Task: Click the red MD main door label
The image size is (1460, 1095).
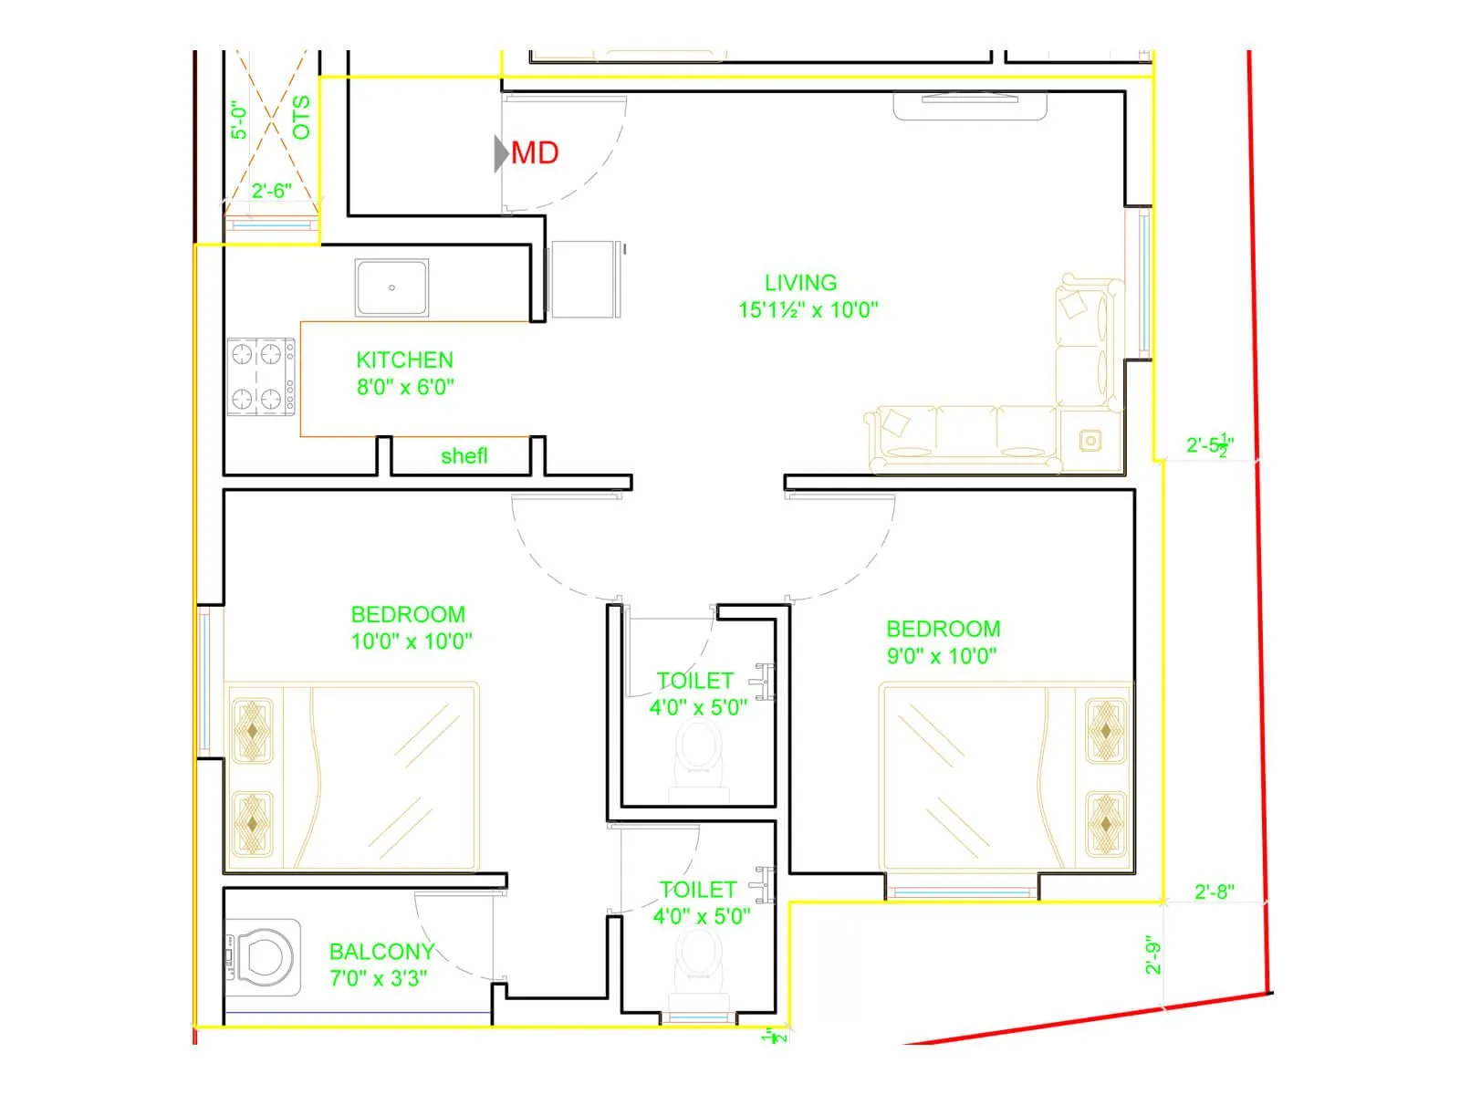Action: pyautogui.click(x=534, y=153)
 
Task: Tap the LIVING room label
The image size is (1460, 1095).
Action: pyautogui.click(x=800, y=283)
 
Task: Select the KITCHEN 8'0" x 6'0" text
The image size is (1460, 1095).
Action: pyautogui.click(x=404, y=373)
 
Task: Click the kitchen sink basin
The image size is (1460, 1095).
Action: pyautogui.click(x=391, y=287)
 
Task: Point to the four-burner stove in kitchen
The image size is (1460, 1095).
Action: pyautogui.click(x=260, y=376)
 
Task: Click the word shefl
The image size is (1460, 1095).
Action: pyautogui.click(x=464, y=455)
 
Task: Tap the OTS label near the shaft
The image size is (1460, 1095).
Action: pyautogui.click(x=301, y=117)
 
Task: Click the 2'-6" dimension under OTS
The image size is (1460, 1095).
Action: pyautogui.click(x=271, y=191)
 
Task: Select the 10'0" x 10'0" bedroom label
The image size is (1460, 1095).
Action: pyautogui.click(x=411, y=641)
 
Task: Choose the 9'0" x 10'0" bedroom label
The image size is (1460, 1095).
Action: pyautogui.click(x=941, y=655)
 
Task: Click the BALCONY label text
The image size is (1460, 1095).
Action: pyautogui.click(x=381, y=952)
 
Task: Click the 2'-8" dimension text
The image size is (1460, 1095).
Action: pyautogui.click(x=1214, y=892)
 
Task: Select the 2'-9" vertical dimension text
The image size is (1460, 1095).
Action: pyautogui.click(x=1153, y=954)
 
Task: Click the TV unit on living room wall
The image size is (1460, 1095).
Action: pyautogui.click(x=969, y=105)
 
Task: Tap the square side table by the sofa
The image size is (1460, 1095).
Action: pyautogui.click(x=1090, y=441)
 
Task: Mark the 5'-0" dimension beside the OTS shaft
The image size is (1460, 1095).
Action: pyautogui.click(x=239, y=120)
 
